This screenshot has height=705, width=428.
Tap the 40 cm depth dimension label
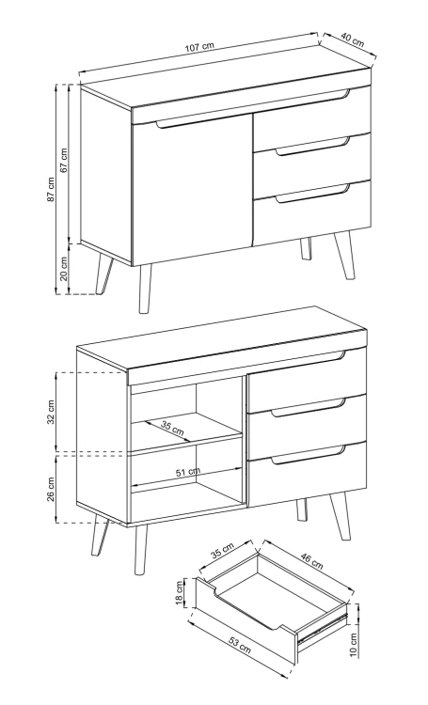coord(352,40)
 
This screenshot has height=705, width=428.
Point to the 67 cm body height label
coord(64,160)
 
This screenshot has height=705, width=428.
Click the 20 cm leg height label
coord(64,269)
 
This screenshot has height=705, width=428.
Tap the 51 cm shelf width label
coord(188,472)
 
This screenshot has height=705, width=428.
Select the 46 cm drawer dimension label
coord(311,560)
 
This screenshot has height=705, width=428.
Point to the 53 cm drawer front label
coord(239,645)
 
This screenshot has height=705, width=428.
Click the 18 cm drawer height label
coord(180,592)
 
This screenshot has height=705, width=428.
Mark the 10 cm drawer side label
coord(354,645)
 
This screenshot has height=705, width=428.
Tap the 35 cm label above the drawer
coord(222,550)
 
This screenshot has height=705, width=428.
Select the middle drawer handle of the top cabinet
coord(312,147)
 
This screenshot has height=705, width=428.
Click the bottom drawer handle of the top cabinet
coord(312,194)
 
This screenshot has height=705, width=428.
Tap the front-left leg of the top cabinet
coord(145,289)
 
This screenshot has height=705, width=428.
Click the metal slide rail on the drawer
coord(324,625)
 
